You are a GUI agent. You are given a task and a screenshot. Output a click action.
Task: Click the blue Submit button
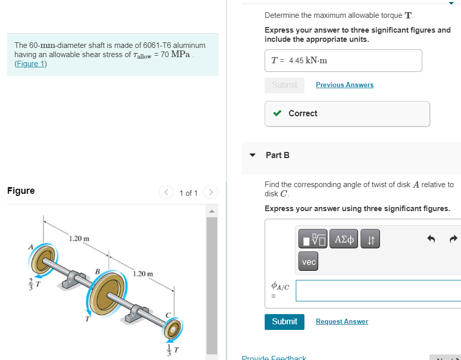click(x=284, y=321)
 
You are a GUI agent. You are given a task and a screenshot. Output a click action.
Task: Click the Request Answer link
click(x=342, y=321)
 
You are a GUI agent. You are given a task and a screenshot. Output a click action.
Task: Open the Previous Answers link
click(x=344, y=85)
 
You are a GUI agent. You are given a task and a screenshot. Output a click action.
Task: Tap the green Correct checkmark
click(x=277, y=113)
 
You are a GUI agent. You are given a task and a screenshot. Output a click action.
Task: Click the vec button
click(x=309, y=262)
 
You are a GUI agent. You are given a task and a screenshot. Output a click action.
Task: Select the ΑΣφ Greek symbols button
click(x=344, y=239)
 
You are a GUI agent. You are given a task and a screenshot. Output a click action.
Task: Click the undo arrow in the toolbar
click(x=431, y=239)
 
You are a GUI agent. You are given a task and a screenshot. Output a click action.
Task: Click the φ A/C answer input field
click(x=378, y=291)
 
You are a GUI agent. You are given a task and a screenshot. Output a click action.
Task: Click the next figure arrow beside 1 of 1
click(x=211, y=193)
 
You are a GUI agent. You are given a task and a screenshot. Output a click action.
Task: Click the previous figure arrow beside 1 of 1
click(x=166, y=193)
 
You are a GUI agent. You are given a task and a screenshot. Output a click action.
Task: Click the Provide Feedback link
click(x=274, y=357)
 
